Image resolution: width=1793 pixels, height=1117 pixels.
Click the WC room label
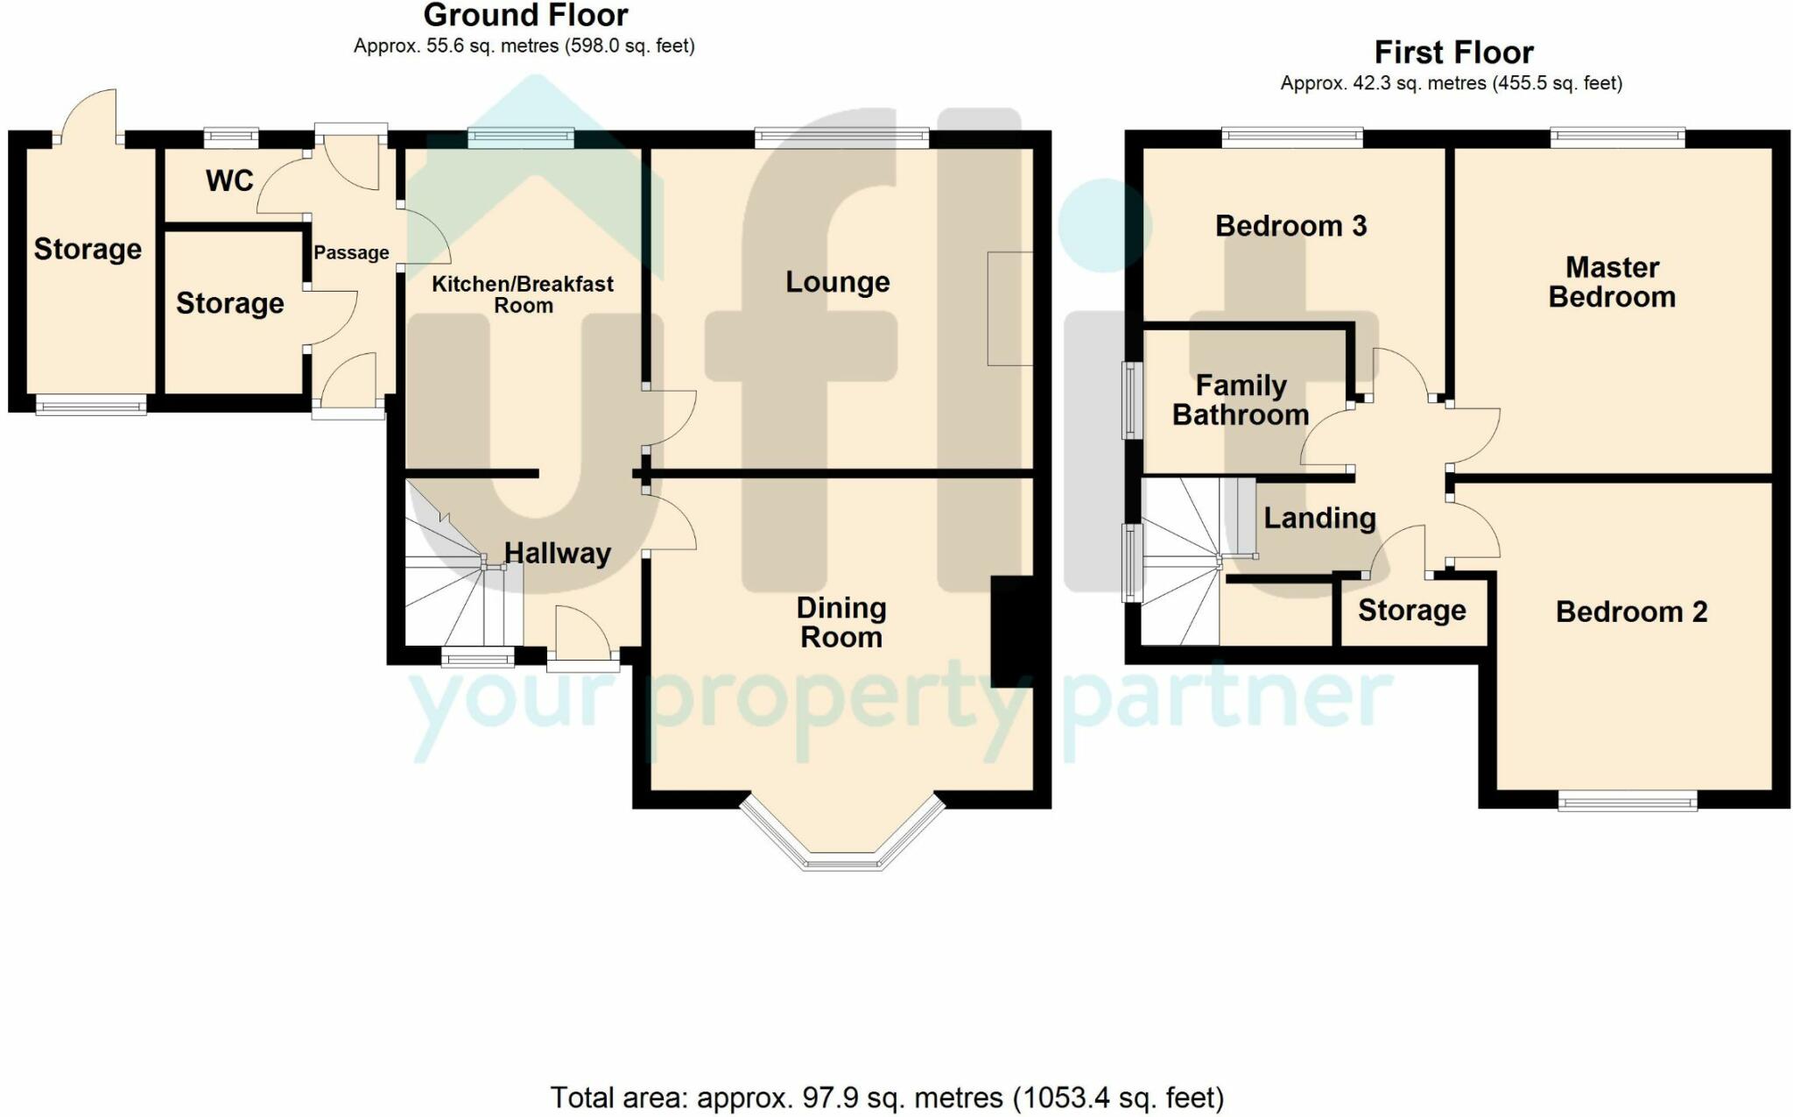(x=229, y=180)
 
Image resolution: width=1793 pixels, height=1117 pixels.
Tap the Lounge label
(x=838, y=282)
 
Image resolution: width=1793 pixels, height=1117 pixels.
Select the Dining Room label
(x=841, y=623)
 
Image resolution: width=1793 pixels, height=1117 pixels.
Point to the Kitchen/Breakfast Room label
(x=523, y=294)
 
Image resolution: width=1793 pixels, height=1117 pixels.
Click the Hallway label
(x=558, y=554)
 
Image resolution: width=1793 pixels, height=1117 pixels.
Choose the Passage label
(x=351, y=253)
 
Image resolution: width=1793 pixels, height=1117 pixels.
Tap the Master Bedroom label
(x=1612, y=282)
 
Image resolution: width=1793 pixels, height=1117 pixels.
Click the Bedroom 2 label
(x=1631, y=612)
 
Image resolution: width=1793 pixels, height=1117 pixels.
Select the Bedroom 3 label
(x=1290, y=226)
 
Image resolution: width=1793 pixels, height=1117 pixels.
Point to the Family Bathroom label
(x=1241, y=400)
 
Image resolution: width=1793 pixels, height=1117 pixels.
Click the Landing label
(x=1319, y=519)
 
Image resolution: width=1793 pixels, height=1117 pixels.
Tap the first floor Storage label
(x=1411, y=611)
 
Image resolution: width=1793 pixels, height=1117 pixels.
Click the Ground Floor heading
(x=525, y=15)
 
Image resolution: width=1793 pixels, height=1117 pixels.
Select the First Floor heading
(x=1453, y=53)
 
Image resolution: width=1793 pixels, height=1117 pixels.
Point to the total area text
(x=887, y=1098)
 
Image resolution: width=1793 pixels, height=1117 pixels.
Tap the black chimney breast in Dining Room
(x=1012, y=631)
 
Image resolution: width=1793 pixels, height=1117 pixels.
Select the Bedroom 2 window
(x=1628, y=801)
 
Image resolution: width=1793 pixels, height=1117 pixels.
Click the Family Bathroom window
(x=1133, y=400)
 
